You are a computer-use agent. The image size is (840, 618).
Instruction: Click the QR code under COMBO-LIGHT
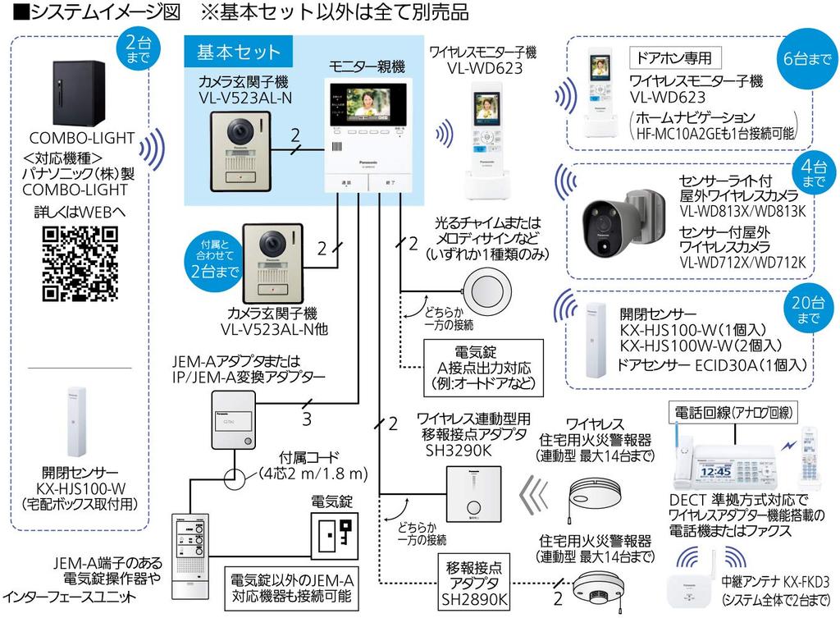point(79,263)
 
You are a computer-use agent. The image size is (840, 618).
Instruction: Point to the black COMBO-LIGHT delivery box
point(80,90)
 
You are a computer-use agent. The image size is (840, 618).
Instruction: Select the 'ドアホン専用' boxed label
point(673,58)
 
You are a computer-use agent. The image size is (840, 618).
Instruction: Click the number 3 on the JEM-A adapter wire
point(307,419)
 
